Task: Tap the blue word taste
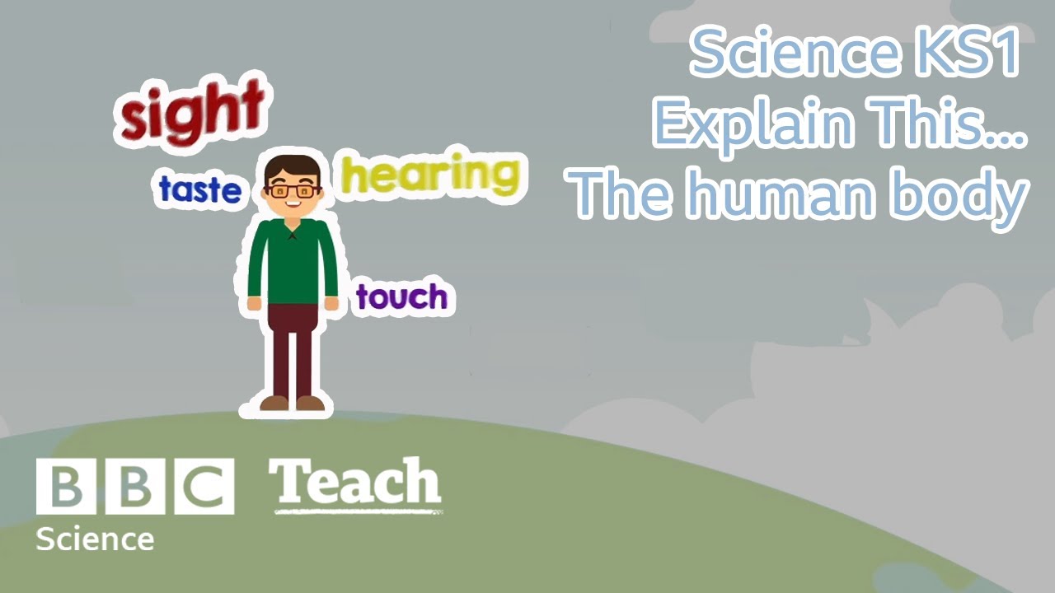200,190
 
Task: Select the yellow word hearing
430,175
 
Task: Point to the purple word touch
401,297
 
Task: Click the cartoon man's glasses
293,190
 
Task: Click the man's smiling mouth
293,203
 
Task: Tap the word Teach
355,483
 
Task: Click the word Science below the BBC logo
95,539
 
